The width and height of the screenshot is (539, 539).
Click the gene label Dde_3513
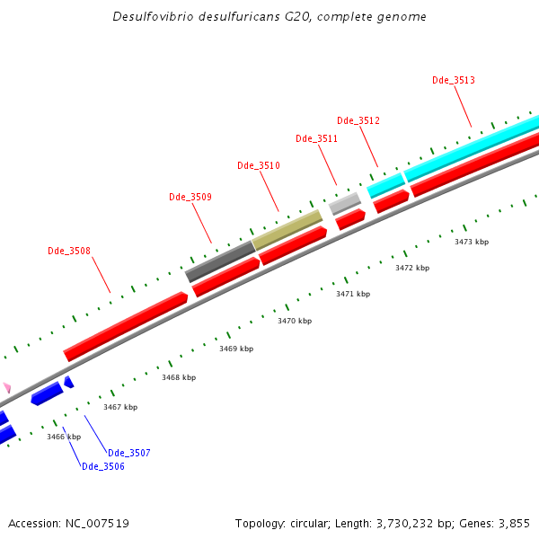[x=454, y=80]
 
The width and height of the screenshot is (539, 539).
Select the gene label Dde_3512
[x=358, y=120]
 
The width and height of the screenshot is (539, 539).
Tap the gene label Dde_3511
[x=316, y=138]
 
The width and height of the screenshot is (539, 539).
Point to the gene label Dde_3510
[x=259, y=165]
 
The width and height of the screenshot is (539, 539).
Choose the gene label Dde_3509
[x=190, y=197]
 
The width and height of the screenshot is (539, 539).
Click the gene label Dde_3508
[x=69, y=251]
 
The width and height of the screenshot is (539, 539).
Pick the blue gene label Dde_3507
[x=128, y=453]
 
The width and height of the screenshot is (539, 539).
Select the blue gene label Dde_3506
[x=103, y=466]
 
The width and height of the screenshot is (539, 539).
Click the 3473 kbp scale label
[x=472, y=242]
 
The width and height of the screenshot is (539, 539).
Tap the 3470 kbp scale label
[x=295, y=321]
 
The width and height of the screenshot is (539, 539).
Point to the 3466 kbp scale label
[x=64, y=437]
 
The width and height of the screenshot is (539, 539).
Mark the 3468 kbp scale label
[x=179, y=377]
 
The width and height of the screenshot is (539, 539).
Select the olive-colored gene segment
[x=287, y=229]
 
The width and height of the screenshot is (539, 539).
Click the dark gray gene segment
[x=220, y=261]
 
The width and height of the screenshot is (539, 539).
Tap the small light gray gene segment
[x=344, y=203]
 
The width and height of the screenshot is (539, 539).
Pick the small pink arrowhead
[x=7, y=387]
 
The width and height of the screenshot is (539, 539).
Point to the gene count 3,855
[x=515, y=523]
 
